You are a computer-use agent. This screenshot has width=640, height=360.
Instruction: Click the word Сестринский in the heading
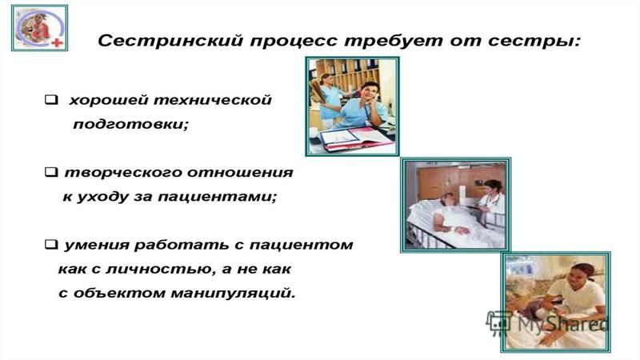pos(171,42)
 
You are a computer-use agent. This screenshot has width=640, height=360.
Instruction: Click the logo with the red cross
pos(39,28)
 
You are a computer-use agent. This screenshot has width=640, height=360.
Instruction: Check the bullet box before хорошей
pos(51,99)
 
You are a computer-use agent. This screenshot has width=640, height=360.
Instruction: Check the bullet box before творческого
pos(51,172)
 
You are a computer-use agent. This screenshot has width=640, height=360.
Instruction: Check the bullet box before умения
pos(51,244)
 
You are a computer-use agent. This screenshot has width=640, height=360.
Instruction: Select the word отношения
pos(240,172)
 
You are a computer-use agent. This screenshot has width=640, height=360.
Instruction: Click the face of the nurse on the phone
pos(368,93)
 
